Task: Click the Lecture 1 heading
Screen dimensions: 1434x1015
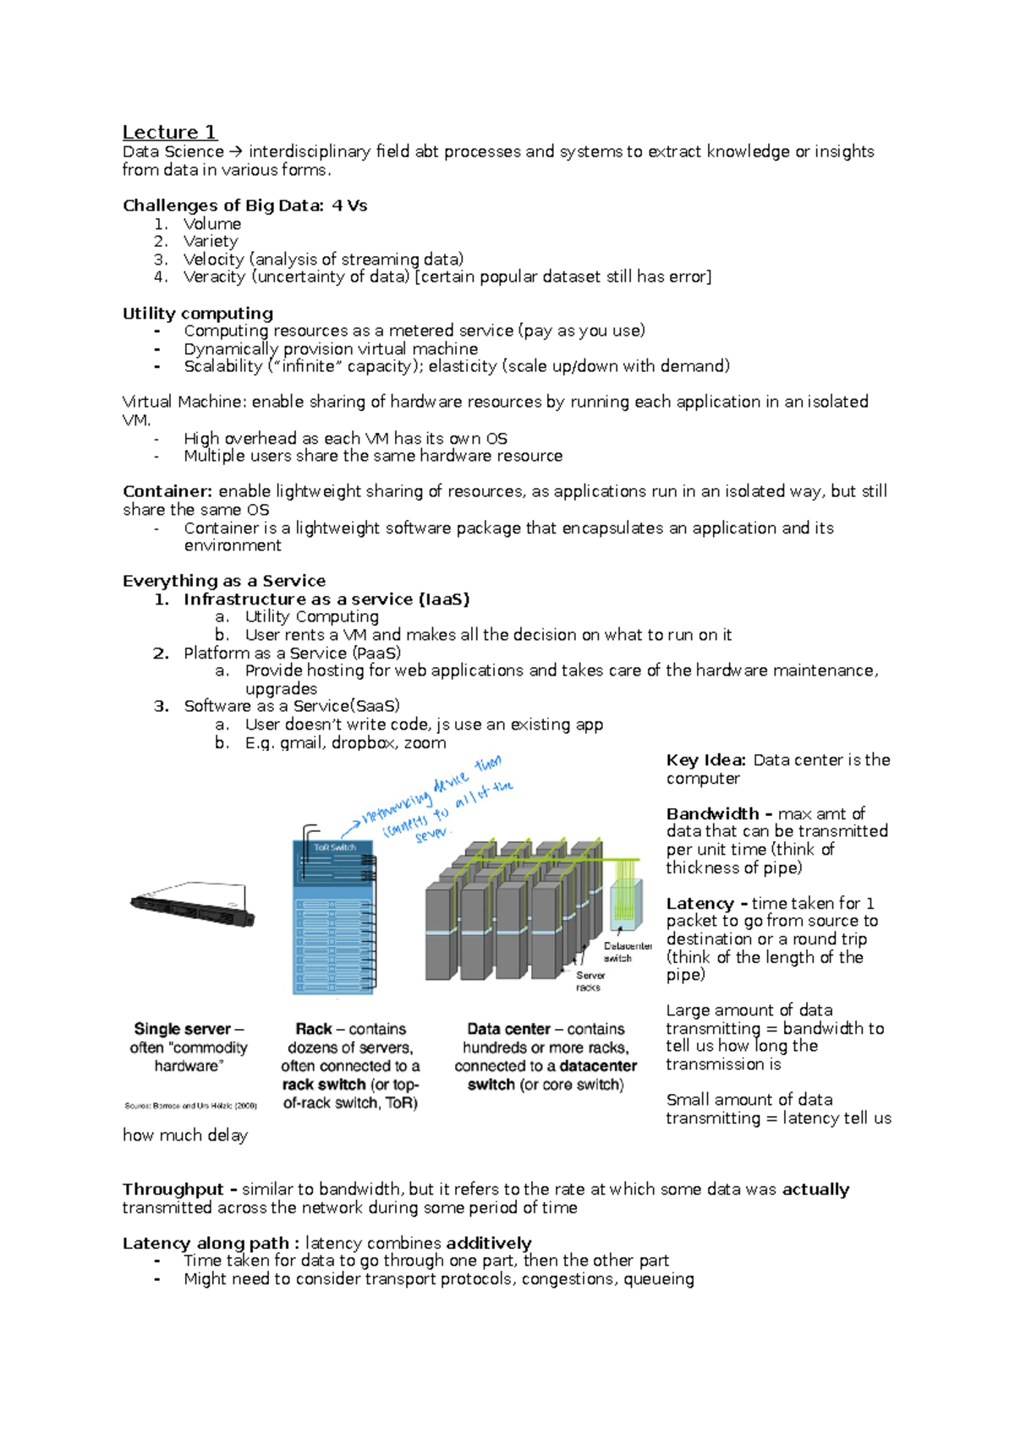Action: pyautogui.click(x=169, y=132)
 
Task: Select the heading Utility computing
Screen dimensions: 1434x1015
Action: pyautogui.click(x=198, y=313)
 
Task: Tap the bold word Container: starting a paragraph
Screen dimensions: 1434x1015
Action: pyautogui.click(x=167, y=491)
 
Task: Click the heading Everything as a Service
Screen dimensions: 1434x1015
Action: pyautogui.click(x=224, y=581)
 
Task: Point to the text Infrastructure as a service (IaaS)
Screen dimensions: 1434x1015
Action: pyautogui.click(x=326, y=599)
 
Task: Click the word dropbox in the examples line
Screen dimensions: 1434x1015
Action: pyautogui.click(x=363, y=742)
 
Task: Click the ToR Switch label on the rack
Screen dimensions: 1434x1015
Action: pyautogui.click(x=335, y=847)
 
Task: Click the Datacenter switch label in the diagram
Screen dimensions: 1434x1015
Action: pyautogui.click(x=627, y=952)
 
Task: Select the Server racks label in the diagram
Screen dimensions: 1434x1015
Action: pyautogui.click(x=590, y=981)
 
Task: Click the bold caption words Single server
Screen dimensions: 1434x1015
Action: pyautogui.click(x=182, y=1029)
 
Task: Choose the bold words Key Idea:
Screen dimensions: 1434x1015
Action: pyautogui.click(x=705, y=760)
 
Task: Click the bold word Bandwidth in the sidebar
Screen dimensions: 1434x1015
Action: pyautogui.click(x=713, y=813)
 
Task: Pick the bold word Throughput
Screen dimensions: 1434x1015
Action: pyautogui.click(x=173, y=1190)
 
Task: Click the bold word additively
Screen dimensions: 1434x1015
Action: pyautogui.click(x=488, y=1243)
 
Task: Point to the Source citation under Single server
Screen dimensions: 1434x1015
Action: pyautogui.click(x=190, y=1106)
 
